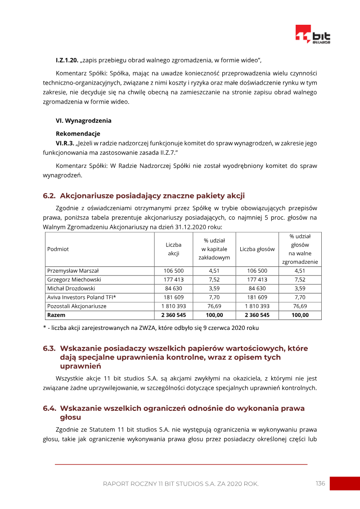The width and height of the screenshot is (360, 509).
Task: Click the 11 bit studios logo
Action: [x=313, y=35]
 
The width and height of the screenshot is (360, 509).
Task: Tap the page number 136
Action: [x=320, y=483]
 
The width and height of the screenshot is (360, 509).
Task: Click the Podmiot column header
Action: [x=58, y=249]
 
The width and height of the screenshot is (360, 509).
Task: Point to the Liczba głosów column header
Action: [x=257, y=249]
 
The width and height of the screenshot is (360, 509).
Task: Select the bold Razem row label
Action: [x=56, y=315]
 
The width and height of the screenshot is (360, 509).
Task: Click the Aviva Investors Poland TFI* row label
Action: [x=81, y=297]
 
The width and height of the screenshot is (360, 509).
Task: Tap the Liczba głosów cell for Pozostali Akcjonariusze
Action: [x=257, y=306]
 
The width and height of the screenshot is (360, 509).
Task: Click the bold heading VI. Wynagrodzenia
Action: [x=83, y=121]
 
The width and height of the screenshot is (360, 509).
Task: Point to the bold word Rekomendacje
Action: [x=78, y=134]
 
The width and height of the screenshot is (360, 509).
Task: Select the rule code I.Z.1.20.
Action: [x=67, y=60]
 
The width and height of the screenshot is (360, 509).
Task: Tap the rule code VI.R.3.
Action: [x=65, y=143]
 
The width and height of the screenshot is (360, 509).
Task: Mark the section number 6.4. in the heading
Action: [x=49, y=408]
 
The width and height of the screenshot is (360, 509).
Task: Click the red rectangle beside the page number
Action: [x=345, y=483]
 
